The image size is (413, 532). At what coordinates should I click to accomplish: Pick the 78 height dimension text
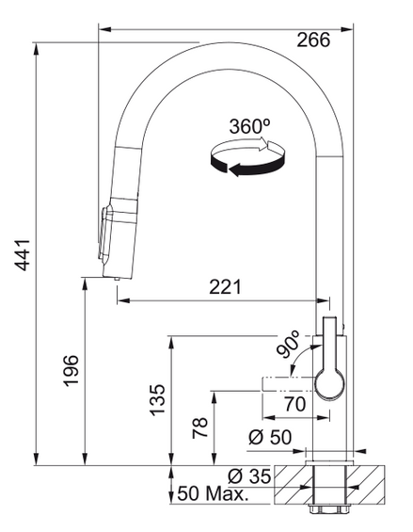pos(199,429)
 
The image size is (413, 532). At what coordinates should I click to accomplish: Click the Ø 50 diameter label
pos(269,439)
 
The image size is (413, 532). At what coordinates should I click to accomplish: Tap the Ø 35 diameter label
pos(251,477)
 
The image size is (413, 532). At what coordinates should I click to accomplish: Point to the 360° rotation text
pos(249,125)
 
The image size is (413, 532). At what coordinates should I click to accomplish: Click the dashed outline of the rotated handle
pos(287,384)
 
